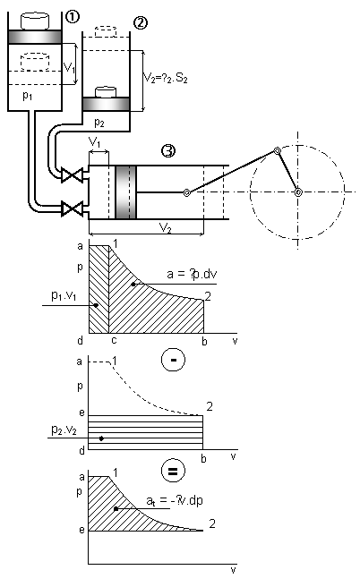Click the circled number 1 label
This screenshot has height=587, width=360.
click(x=73, y=16)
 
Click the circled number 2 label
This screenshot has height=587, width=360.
click(x=140, y=23)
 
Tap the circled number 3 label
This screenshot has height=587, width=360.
click(x=168, y=150)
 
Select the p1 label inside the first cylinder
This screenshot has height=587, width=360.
click(x=28, y=97)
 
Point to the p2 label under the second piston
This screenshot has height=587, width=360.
click(x=99, y=122)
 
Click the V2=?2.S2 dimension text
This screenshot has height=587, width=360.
click(x=166, y=78)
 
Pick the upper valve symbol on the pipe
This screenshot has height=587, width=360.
click(x=72, y=175)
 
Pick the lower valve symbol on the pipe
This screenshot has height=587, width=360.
click(x=72, y=208)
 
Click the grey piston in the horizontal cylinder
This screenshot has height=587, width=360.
click(x=126, y=192)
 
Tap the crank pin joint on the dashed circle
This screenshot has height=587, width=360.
click(x=277, y=150)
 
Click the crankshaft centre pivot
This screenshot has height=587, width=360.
click(x=298, y=192)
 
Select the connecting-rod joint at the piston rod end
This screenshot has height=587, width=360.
click(x=186, y=192)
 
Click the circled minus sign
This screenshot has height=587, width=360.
click(x=173, y=360)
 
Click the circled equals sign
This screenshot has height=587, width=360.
click(x=173, y=471)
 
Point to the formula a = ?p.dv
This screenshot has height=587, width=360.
click(x=192, y=274)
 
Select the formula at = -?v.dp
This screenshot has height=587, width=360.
click(x=175, y=500)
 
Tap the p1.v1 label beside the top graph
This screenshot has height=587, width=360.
click(x=64, y=296)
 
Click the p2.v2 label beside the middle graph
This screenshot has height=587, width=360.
click(x=64, y=430)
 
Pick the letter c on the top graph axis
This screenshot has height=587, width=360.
click(x=114, y=340)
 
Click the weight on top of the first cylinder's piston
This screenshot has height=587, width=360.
click(x=35, y=21)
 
